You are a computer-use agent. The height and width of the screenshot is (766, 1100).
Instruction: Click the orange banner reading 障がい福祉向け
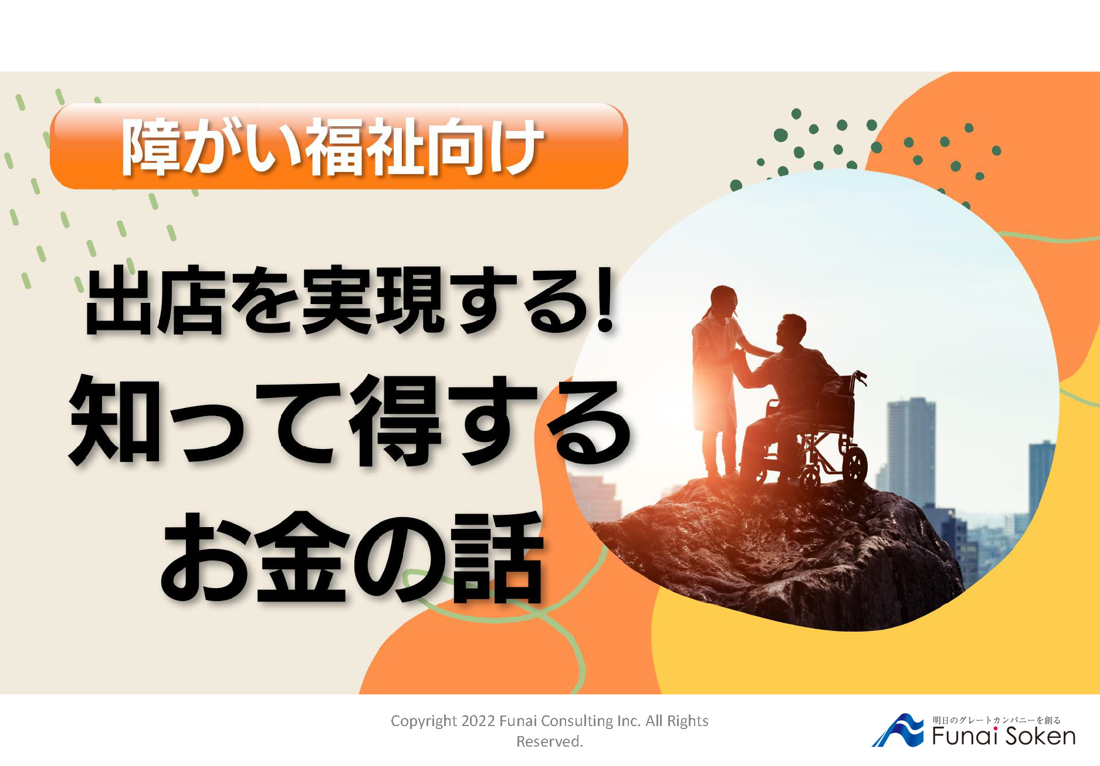339,146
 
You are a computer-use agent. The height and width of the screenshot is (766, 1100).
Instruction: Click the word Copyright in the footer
424,721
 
